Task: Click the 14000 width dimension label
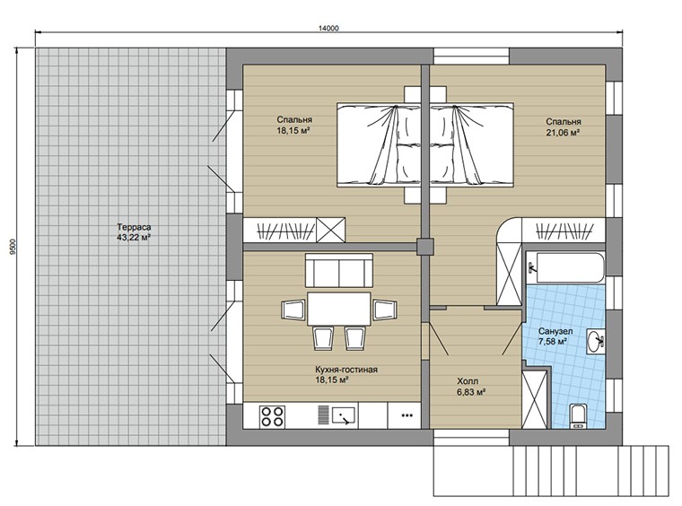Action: [328, 29]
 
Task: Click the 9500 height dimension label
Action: [13, 248]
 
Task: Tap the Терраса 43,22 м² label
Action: [134, 232]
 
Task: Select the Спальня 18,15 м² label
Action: [294, 125]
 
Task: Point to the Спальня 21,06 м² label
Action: [564, 126]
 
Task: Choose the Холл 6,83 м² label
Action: [470, 387]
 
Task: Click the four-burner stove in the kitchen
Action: [272, 416]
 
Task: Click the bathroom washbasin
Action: [595, 341]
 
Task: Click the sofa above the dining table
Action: [339, 271]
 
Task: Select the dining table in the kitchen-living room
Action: [339, 310]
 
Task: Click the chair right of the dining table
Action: [385, 310]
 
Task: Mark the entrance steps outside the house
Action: [551, 471]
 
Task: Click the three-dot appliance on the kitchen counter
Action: [407, 415]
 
